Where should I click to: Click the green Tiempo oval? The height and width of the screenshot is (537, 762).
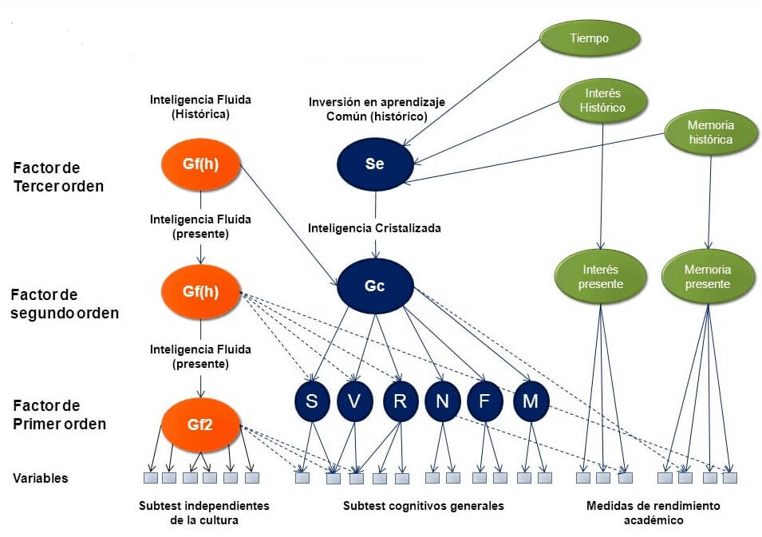590,38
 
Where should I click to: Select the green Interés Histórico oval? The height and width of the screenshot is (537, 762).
603,100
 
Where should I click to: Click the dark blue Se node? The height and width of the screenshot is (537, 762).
375,164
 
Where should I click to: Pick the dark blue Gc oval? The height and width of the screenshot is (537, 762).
375,286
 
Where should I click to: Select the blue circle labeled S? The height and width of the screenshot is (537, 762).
312,401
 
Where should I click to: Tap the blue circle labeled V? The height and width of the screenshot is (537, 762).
355,401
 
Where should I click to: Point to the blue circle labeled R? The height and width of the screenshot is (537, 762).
400,401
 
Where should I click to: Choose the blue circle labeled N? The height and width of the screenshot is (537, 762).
442,401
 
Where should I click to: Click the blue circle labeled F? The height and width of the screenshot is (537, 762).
484,401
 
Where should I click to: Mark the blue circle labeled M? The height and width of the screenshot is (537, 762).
530,401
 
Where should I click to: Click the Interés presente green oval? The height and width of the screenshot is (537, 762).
600,277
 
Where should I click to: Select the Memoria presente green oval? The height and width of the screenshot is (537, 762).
707,277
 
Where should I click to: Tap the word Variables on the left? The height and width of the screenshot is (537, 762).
40,478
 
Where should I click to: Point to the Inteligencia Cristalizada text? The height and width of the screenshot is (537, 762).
374,228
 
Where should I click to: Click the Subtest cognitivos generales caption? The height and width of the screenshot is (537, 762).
423,506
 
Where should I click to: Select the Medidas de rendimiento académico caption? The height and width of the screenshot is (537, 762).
653,512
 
